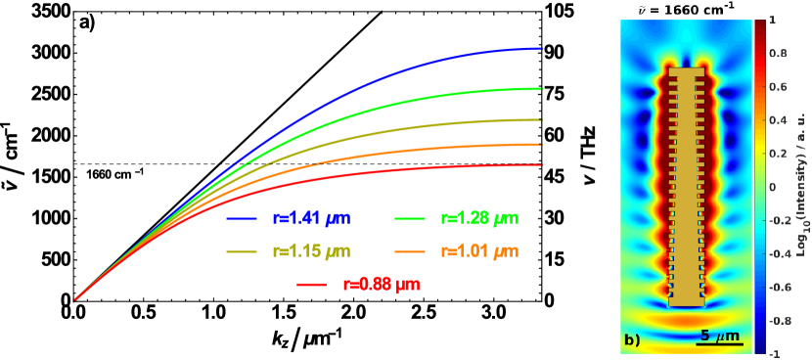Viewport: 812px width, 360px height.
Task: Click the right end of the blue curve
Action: tap(541, 48)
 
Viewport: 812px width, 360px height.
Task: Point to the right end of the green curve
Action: tap(541, 88)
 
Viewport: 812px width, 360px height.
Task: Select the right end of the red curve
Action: tap(541, 164)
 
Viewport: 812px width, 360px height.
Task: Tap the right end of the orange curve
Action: tap(541, 144)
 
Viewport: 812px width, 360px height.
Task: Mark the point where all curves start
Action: tap(75, 298)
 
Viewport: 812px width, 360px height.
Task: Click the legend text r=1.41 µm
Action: tap(310, 217)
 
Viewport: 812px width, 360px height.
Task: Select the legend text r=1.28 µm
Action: tap(479, 217)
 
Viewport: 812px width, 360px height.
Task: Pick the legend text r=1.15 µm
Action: tap(310, 251)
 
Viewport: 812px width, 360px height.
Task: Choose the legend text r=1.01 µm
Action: tap(479, 251)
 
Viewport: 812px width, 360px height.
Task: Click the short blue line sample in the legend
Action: tap(242, 218)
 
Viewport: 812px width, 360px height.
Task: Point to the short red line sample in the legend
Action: tap(311, 286)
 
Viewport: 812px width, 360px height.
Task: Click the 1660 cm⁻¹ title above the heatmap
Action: tap(686, 9)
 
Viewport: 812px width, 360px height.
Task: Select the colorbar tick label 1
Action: tap(773, 20)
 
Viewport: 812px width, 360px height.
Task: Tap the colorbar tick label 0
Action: tap(773, 186)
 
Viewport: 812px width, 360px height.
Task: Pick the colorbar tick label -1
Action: tap(774, 353)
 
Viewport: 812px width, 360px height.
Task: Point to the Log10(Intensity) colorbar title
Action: tap(799, 186)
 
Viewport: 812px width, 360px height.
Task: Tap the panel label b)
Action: tap(632, 340)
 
